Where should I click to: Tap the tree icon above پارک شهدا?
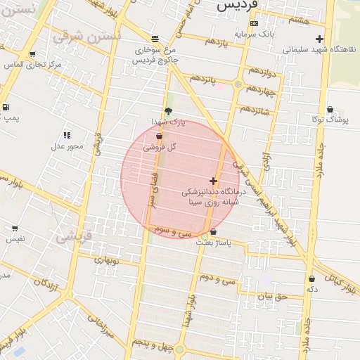167,110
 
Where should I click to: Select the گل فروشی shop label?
160,147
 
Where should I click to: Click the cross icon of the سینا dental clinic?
213,181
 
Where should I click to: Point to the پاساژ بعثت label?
213,243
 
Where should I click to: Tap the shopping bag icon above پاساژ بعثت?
213,231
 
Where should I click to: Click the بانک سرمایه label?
254,33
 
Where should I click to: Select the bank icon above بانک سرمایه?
254,22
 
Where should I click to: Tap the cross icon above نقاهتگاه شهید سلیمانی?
320,39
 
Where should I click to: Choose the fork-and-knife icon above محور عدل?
67,135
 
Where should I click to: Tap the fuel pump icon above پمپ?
6,108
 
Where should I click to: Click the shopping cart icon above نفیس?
15,229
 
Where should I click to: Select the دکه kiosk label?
311,289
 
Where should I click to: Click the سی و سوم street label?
175,231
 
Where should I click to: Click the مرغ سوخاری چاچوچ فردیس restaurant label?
156,55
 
